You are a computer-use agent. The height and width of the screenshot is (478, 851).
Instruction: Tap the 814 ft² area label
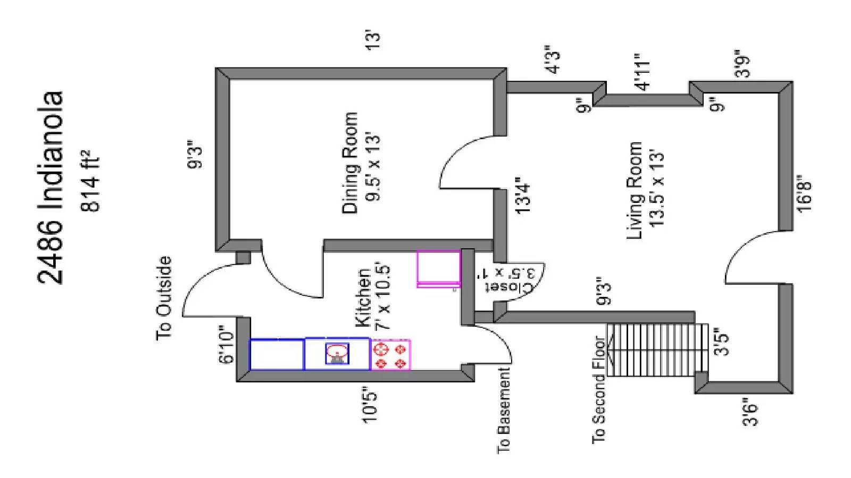tap(89, 181)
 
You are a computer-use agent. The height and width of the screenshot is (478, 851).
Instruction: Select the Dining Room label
tap(349, 163)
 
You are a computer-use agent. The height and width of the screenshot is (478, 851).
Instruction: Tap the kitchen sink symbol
tap(337, 354)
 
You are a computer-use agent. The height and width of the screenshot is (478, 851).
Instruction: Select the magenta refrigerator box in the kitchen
tap(438, 268)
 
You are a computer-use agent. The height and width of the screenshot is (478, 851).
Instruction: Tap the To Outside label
tap(164, 298)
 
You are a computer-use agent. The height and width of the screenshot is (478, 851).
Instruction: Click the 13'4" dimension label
tap(523, 195)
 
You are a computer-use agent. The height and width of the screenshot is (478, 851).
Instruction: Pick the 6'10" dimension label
tap(226, 345)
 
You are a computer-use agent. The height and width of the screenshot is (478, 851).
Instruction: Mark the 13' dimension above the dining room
tap(373, 40)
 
